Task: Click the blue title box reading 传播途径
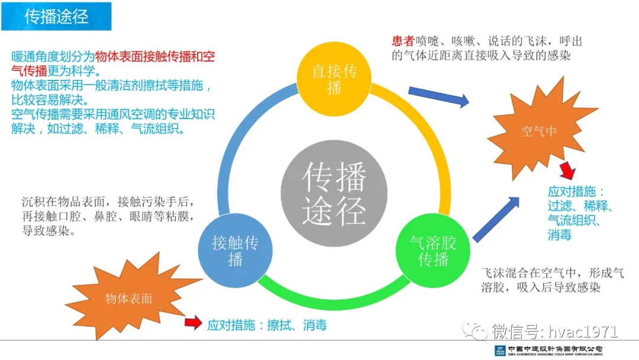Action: (56, 17)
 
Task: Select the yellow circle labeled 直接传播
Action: (334, 79)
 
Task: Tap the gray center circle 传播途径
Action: (334, 193)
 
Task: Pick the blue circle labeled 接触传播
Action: (235, 250)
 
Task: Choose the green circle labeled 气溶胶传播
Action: (433, 250)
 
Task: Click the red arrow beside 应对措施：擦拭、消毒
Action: (193, 323)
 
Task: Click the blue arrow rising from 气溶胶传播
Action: (496, 219)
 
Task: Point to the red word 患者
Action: (403, 41)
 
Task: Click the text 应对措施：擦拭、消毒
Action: (267, 325)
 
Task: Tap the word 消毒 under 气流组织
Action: (560, 235)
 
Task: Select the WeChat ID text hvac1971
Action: (583, 332)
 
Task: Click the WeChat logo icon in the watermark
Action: (475, 330)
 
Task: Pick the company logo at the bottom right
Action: (548, 350)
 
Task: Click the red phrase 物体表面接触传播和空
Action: (155, 56)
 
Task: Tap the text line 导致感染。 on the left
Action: (49, 231)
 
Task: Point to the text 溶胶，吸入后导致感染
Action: (541, 287)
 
